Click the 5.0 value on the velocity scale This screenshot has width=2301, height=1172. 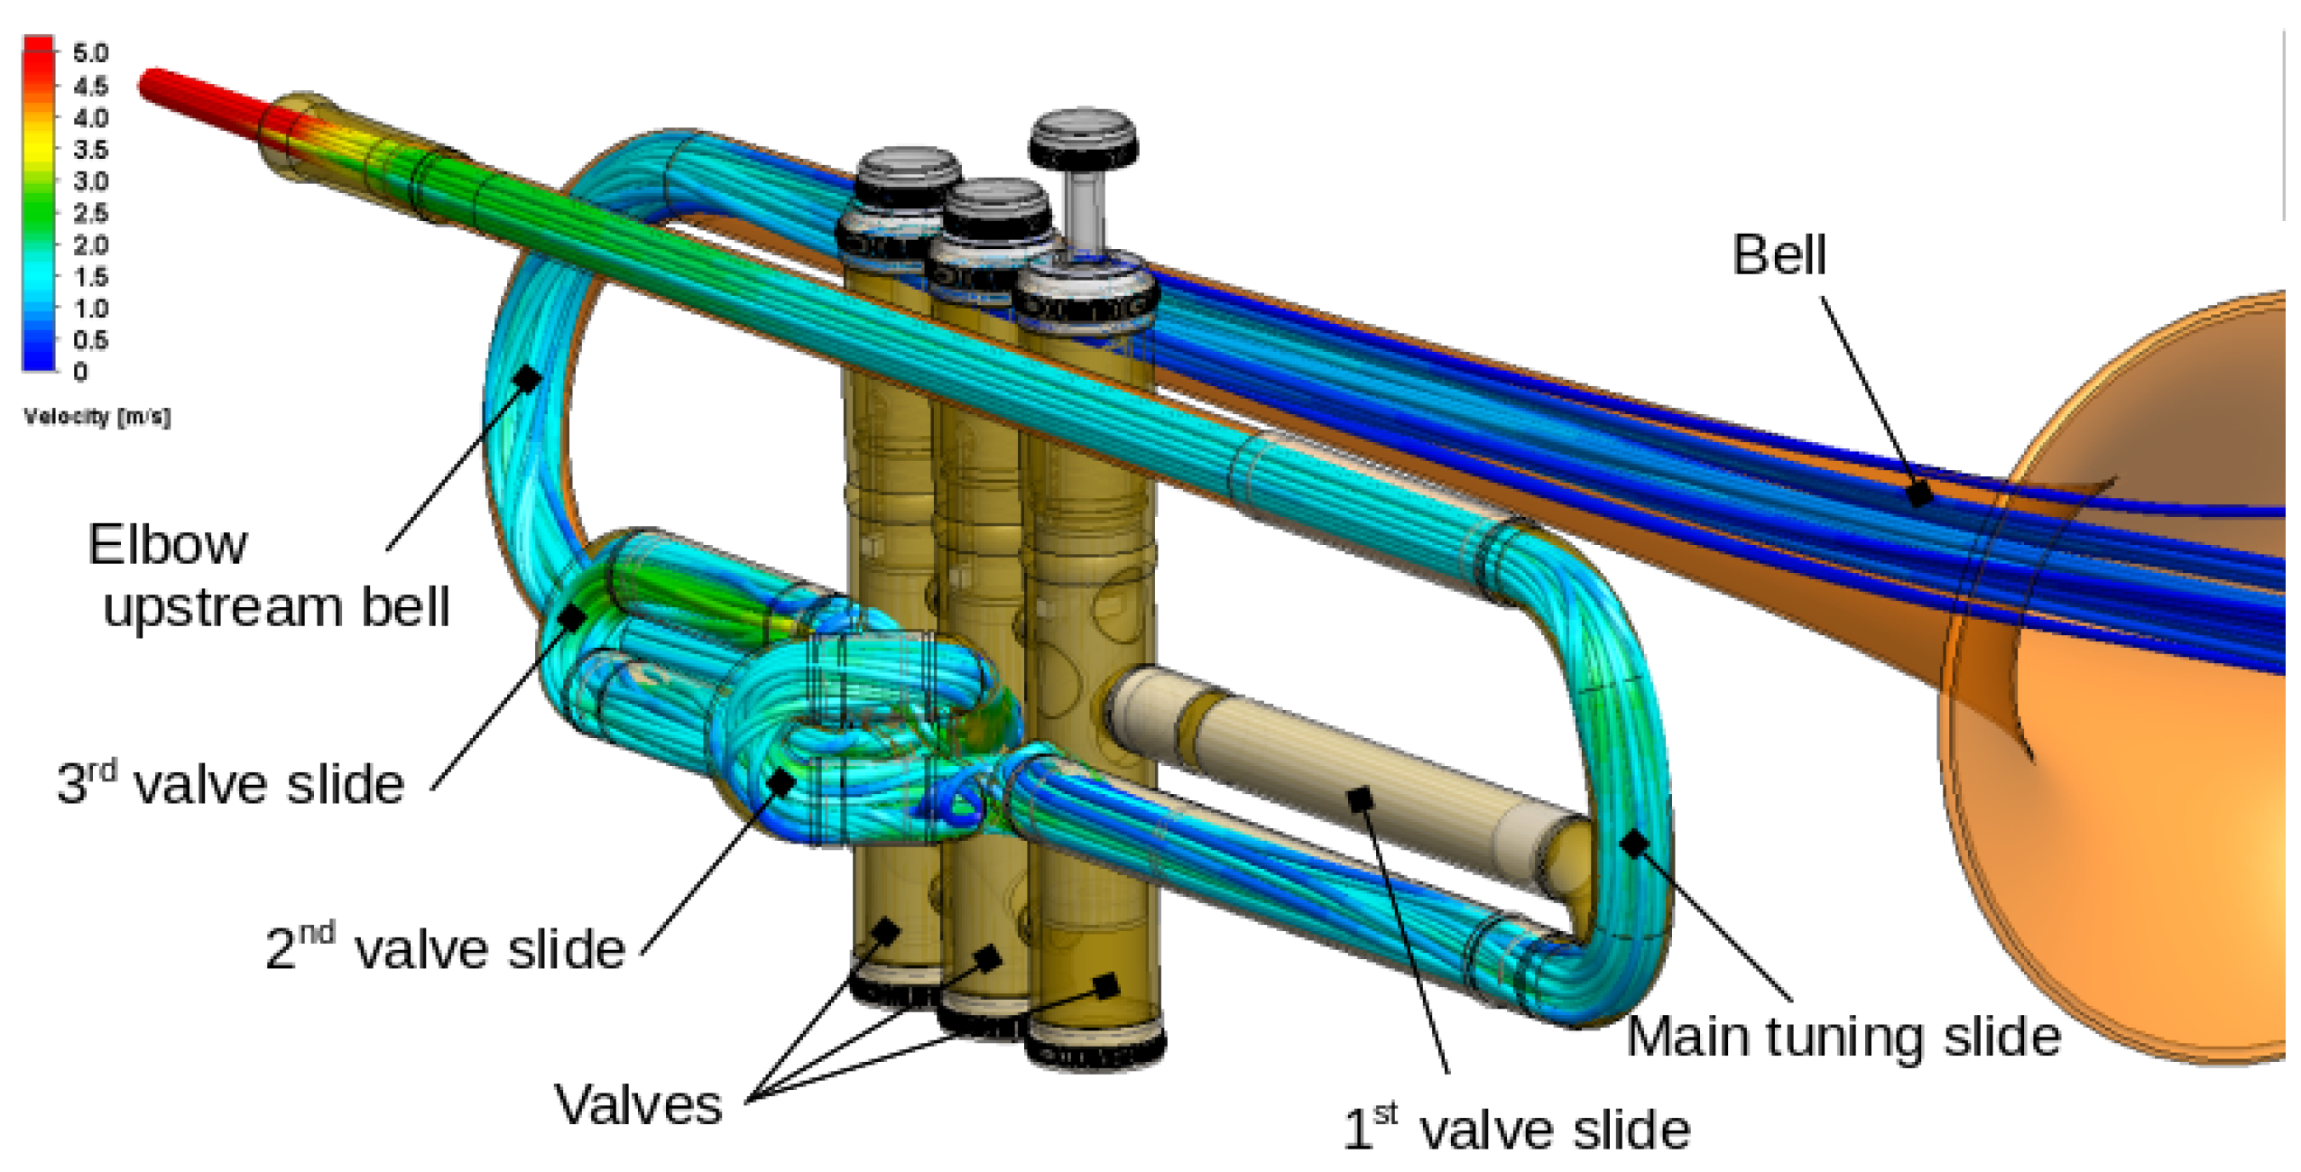90,52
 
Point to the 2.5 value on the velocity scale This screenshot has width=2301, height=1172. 90,213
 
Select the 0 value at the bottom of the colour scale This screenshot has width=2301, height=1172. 80,372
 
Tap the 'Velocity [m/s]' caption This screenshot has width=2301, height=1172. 97,417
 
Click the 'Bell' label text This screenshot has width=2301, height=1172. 1778,254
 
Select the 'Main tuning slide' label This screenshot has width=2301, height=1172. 1843,1038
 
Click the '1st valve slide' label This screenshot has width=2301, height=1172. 1516,1128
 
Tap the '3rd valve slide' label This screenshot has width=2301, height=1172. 230,781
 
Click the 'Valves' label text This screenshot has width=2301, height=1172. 638,1104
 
